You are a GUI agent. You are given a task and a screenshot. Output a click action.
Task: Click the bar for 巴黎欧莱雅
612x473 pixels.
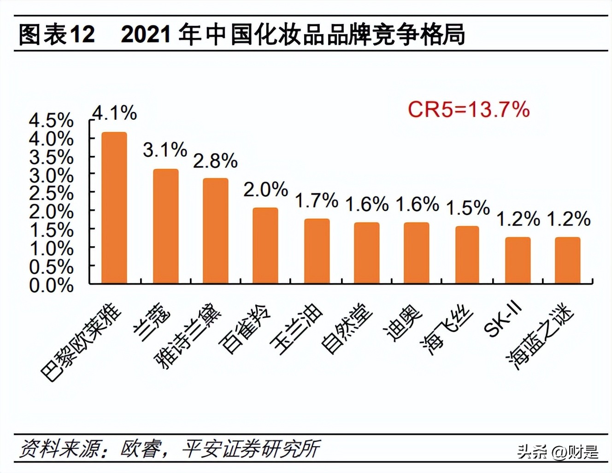114,207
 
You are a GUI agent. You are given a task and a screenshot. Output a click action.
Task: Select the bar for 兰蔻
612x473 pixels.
165,226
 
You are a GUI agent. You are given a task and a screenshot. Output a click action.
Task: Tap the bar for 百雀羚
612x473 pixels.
265,245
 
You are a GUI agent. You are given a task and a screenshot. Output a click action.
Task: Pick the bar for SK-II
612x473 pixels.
518,260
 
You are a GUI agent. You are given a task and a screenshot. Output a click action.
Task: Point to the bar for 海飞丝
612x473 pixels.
467,254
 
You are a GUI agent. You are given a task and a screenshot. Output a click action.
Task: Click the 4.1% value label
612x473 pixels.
114,113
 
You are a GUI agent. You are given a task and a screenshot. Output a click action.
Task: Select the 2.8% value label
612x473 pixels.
215,161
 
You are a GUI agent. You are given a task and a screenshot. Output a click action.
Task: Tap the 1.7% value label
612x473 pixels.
316,201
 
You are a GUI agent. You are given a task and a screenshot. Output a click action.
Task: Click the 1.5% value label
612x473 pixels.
467,208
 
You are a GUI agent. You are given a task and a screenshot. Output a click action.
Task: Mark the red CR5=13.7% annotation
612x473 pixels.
469,110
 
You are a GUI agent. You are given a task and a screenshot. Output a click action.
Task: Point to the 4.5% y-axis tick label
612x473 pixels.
51,121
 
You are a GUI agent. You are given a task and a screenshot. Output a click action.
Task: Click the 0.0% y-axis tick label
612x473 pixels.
51,285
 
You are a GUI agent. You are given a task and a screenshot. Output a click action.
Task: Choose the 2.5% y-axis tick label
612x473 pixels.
51,194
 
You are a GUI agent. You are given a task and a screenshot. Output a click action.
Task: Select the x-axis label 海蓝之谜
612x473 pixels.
540,337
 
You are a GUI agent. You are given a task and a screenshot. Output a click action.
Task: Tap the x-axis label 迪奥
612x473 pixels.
402,323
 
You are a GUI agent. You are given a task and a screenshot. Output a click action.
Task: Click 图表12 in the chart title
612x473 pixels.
57,35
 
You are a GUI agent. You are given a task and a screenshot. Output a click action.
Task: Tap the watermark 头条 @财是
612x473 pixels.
558,451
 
